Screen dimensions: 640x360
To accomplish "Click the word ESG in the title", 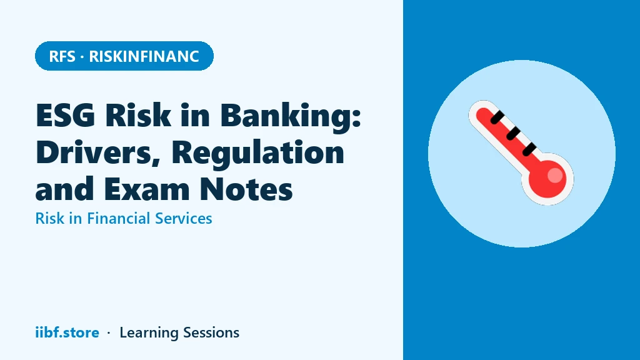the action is pyautogui.click(x=66, y=116).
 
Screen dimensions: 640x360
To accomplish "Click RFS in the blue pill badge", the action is pyautogui.click(x=62, y=56).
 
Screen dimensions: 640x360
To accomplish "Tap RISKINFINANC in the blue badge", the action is pyautogui.click(x=144, y=56).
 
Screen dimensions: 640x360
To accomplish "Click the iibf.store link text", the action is pyautogui.click(x=67, y=332).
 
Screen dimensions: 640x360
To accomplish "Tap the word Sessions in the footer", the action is pyautogui.click(x=211, y=332).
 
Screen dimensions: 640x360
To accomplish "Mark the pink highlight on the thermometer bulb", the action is pyautogui.click(x=555, y=175).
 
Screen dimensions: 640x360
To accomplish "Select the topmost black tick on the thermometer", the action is pyautogui.click(x=497, y=117).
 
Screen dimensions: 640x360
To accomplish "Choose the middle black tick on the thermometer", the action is pyautogui.click(x=513, y=134).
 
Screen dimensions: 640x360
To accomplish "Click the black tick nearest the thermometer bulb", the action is pyautogui.click(x=529, y=149).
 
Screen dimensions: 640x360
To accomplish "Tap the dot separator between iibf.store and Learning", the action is pyautogui.click(x=109, y=333).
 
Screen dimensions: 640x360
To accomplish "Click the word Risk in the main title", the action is pyautogui.click(x=138, y=116).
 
